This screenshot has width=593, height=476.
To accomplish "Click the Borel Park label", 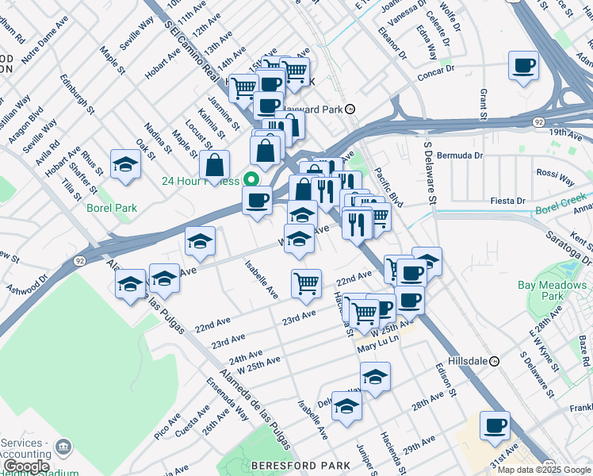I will [112, 209].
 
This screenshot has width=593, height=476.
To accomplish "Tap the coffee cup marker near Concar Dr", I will [522, 66].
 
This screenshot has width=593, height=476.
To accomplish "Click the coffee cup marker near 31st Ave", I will [495, 425].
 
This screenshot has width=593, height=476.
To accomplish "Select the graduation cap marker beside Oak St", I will [125, 165].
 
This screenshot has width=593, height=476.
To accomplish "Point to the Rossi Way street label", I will [556, 175].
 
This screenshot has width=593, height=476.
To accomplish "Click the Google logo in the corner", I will [25, 466].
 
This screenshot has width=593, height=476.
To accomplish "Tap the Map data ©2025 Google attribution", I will [544, 470].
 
